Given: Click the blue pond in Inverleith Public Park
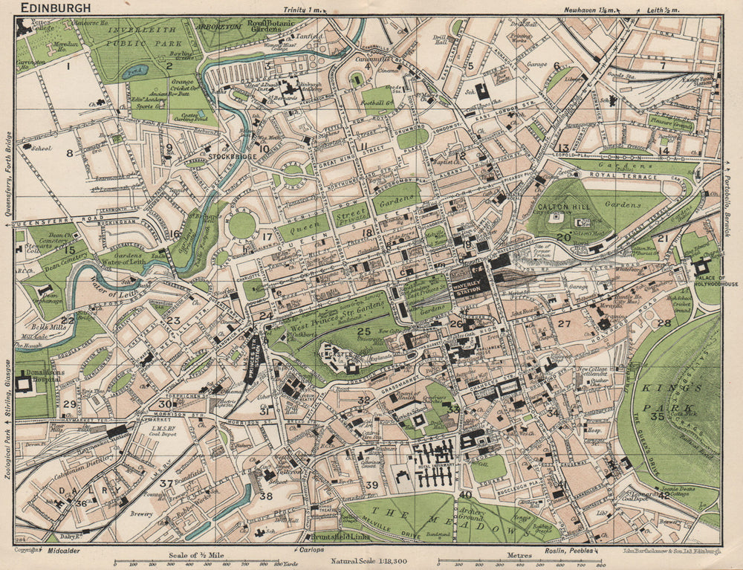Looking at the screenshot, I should coord(135,72).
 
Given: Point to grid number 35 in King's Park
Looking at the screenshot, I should coord(657,416).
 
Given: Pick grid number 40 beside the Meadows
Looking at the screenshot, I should coord(465,495).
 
